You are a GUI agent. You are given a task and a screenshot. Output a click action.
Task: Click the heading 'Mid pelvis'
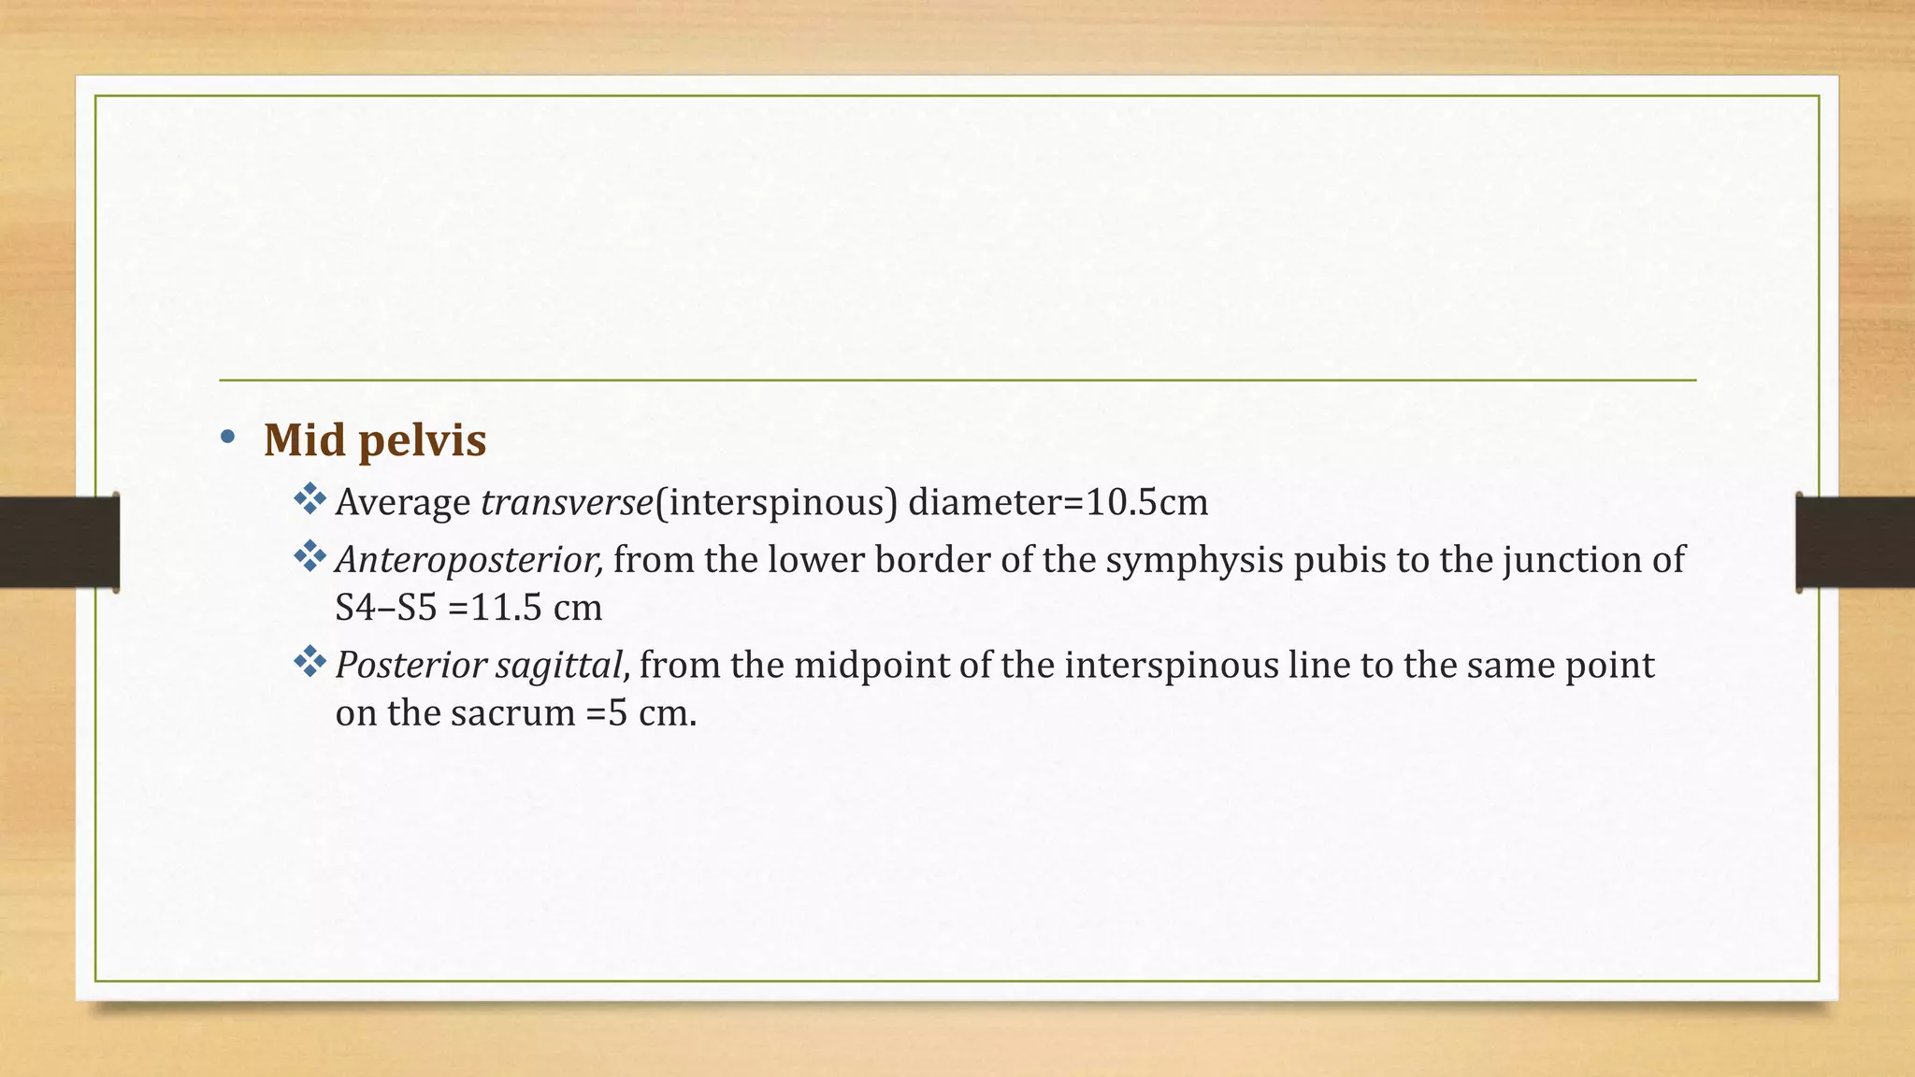click(x=375, y=440)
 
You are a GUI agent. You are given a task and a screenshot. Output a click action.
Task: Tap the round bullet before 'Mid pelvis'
click(x=227, y=437)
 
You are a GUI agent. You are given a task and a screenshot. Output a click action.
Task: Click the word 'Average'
click(x=403, y=503)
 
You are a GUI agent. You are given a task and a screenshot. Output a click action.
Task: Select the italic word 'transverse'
click(x=567, y=503)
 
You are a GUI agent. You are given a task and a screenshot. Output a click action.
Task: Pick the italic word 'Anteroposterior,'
click(x=469, y=560)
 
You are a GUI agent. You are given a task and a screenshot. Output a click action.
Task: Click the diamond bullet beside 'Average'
click(x=309, y=499)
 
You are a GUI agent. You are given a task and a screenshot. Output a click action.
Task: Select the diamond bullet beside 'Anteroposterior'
click(x=309, y=557)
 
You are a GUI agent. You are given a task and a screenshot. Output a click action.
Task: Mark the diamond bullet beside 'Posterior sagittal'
click(x=309, y=663)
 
